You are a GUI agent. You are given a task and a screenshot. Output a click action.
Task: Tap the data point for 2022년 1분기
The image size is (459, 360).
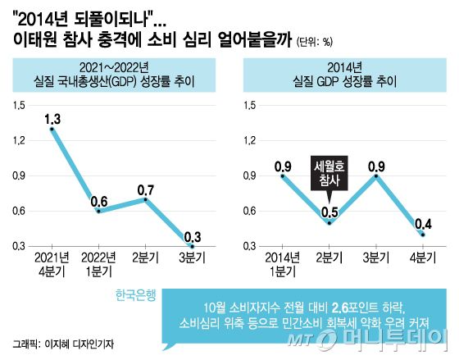coord(99,211)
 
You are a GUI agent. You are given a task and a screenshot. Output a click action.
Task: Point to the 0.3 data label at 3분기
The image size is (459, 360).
coord(192,236)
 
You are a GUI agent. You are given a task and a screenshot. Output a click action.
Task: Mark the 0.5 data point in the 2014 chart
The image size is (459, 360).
coord(329,222)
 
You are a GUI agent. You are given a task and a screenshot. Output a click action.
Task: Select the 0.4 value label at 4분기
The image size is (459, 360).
coord(422,224)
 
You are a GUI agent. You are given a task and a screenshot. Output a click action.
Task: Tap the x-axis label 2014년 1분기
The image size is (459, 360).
coord(283,263)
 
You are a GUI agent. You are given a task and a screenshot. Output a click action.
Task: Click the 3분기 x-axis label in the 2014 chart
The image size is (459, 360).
coord(375,257)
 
